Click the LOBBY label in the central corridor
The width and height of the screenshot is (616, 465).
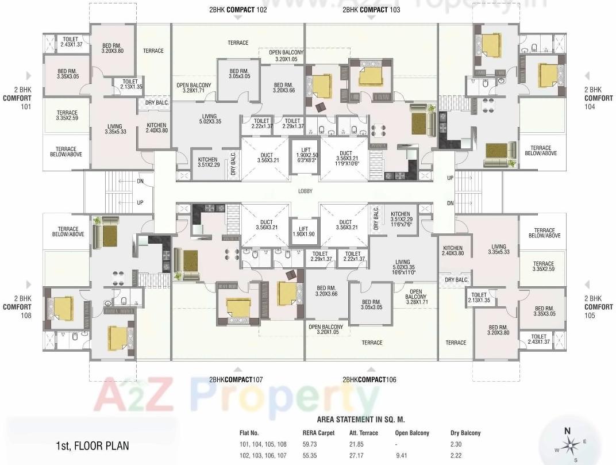(x=305, y=191)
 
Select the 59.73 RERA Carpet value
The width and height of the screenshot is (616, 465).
(x=310, y=444)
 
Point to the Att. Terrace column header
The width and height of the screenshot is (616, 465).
(x=363, y=433)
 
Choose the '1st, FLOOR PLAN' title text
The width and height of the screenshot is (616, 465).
(x=93, y=445)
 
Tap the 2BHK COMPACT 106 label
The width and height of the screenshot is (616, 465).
(x=369, y=379)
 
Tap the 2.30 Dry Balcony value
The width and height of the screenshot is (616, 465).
(x=456, y=444)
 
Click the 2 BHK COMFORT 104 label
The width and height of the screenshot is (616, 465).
(x=592, y=98)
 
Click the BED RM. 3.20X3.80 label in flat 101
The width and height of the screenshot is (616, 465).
(x=113, y=48)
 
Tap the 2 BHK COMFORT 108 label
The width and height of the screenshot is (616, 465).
(x=17, y=307)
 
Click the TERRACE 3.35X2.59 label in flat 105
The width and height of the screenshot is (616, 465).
(x=543, y=267)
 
